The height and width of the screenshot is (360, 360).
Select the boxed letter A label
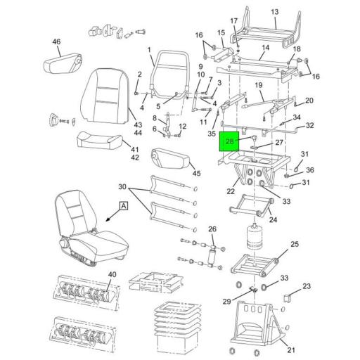point(123,206)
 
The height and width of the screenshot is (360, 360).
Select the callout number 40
point(112,274)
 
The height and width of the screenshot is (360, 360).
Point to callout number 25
point(295,245)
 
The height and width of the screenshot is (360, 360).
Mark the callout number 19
point(259,86)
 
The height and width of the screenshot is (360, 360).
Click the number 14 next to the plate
point(265,49)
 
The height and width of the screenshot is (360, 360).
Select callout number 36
point(310,169)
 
